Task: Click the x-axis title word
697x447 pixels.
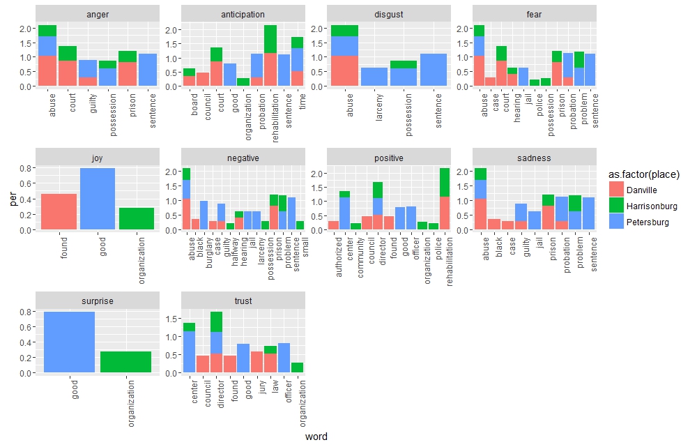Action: click(316, 437)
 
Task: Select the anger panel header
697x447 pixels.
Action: click(98, 14)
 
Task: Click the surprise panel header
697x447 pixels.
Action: click(98, 301)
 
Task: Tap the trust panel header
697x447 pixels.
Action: click(243, 301)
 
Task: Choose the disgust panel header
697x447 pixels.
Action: click(389, 14)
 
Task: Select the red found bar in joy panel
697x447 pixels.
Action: click(59, 211)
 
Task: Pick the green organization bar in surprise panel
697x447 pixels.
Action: click(126, 362)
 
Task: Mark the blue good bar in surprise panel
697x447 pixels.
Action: click(69, 342)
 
